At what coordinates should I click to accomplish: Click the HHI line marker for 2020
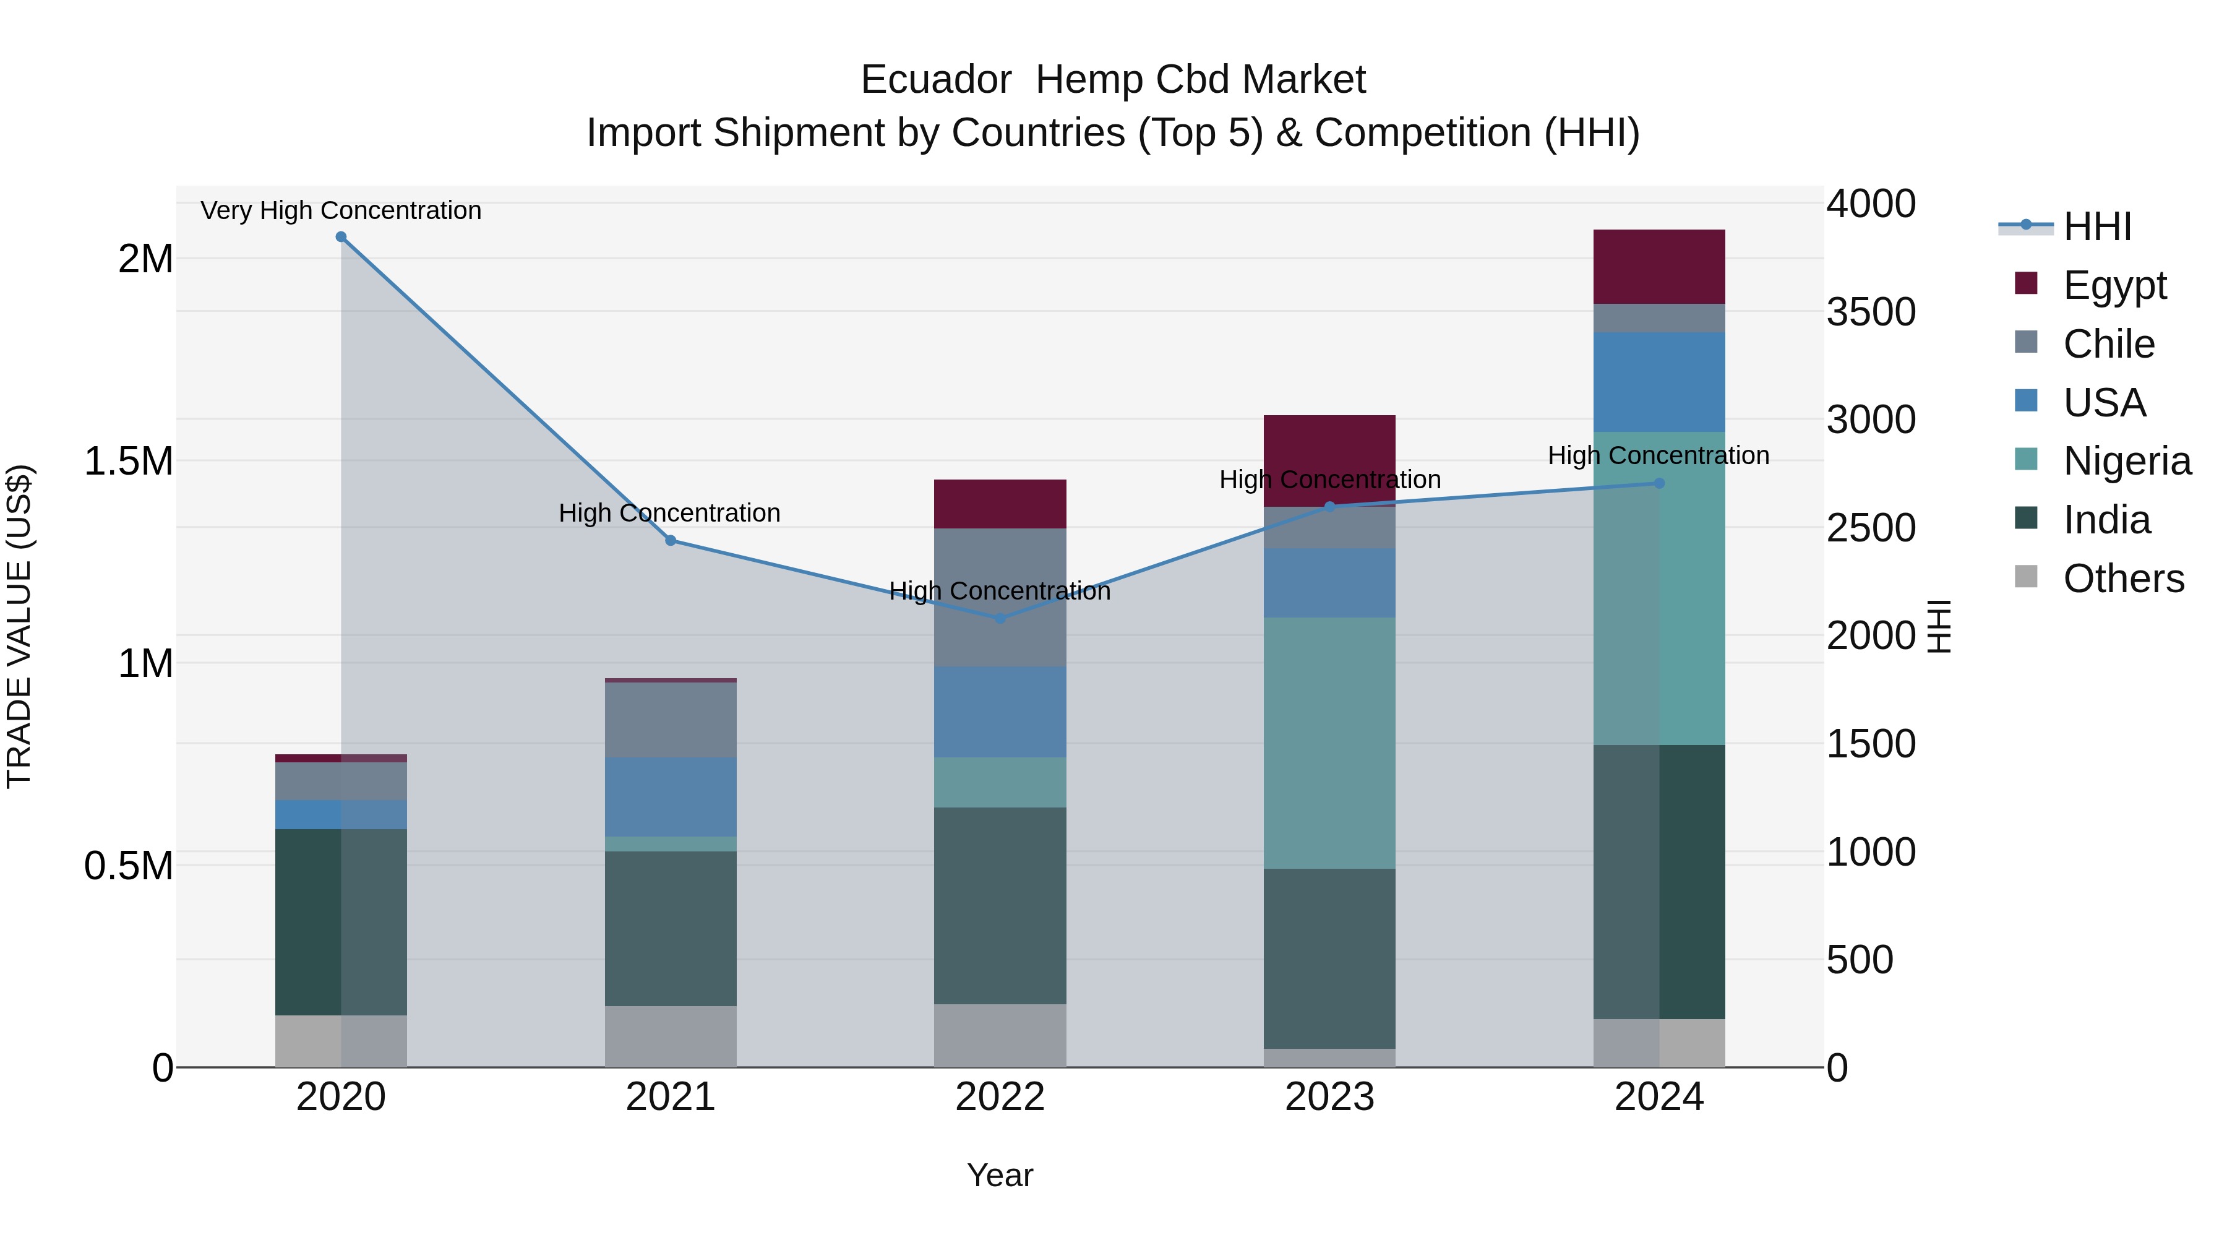pos(341,237)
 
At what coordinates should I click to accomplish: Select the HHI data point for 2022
pos(1000,618)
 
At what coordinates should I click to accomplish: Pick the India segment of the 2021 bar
pos(670,928)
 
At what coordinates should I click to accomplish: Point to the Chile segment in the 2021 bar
pos(670,720)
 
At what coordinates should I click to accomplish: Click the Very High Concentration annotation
pos(341,210)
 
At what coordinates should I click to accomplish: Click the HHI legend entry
pos(2096,226)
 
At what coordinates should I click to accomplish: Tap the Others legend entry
pos(2122,579)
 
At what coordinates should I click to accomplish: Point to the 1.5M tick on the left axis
pos(130,461)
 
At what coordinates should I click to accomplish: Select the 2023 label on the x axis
pos(1329,1097)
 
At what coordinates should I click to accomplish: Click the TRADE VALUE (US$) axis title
pos(19,626)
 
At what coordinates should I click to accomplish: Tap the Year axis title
pos(1000,1175)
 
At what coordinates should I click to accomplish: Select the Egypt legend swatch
pos(2025,283)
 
